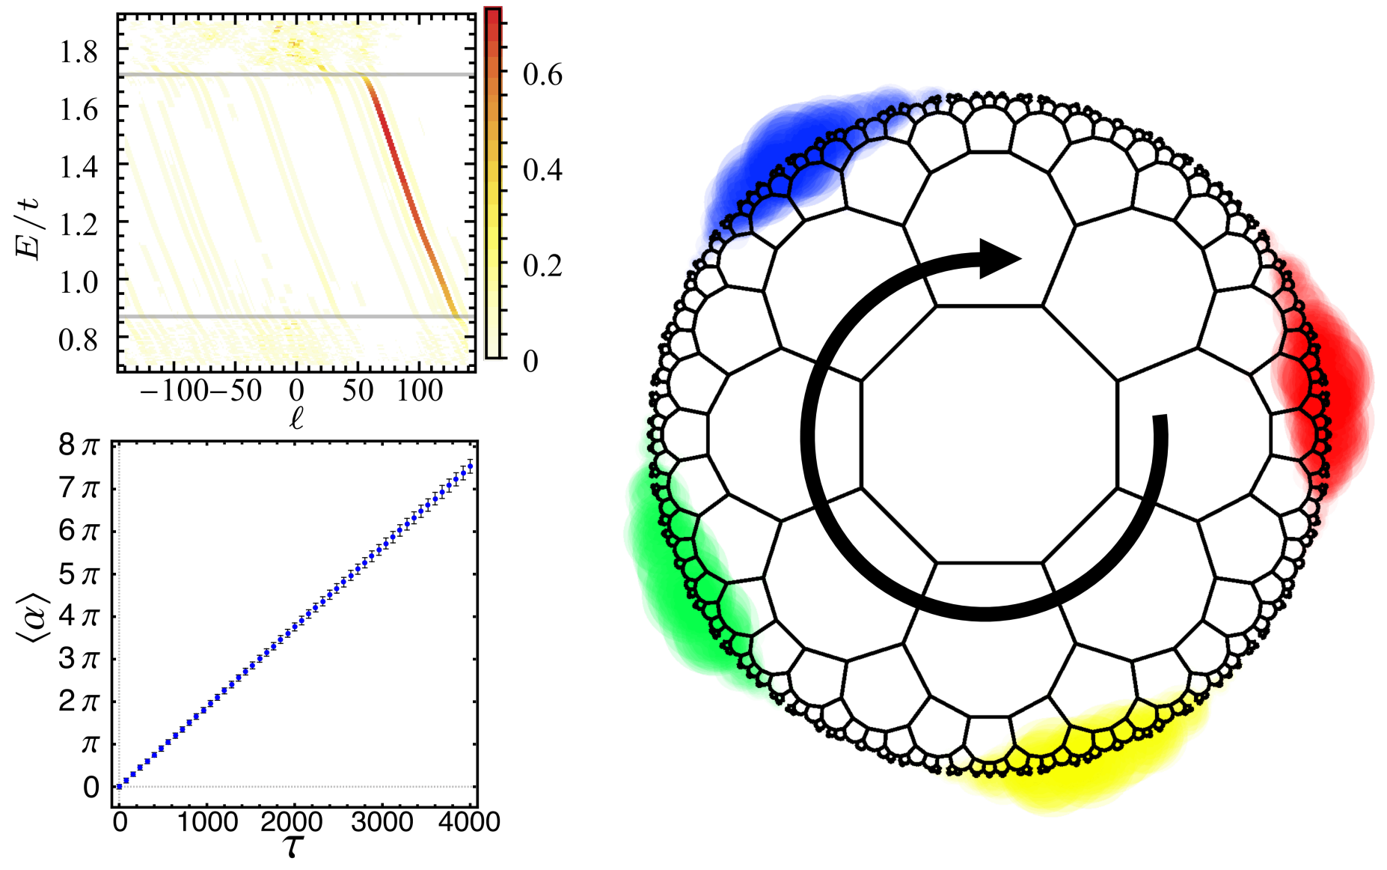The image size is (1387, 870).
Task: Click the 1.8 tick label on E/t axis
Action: click(x=79, y=52)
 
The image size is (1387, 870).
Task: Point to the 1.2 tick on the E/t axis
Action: click(x=79, y=224)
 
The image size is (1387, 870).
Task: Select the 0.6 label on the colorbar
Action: click(x=542, y=76)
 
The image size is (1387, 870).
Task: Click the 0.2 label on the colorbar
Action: click(x=542, y=267)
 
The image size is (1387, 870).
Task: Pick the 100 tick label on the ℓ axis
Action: click(x=419, y=390)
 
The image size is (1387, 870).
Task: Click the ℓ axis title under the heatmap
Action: click(x=296, y=418)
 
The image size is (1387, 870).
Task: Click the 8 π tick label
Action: click(x=79, y=446)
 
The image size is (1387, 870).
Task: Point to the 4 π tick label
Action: click(x=79, y=617)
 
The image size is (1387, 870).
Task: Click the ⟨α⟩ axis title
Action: click(x=31, y=615)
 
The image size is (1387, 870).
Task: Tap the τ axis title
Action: click(x=293, y=847)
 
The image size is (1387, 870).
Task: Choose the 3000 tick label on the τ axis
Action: click(x=382, y=822)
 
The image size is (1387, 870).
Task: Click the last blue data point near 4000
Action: click(x=470, y=466)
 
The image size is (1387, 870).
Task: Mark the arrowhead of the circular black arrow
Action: click(x=999, y=259)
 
